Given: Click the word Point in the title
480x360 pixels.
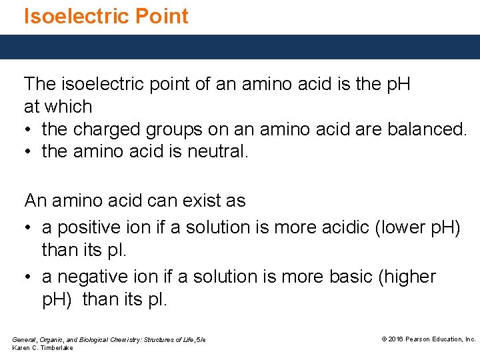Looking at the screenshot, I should click(x=165, y=16).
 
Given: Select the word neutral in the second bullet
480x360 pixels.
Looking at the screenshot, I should click(x=213, y=151).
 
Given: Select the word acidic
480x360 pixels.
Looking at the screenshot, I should click(x=336, y=227).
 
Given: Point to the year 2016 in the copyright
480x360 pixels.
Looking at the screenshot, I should click(x=397, y=339).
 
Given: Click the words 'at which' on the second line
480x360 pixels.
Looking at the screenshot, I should click(x=58, y=107).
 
